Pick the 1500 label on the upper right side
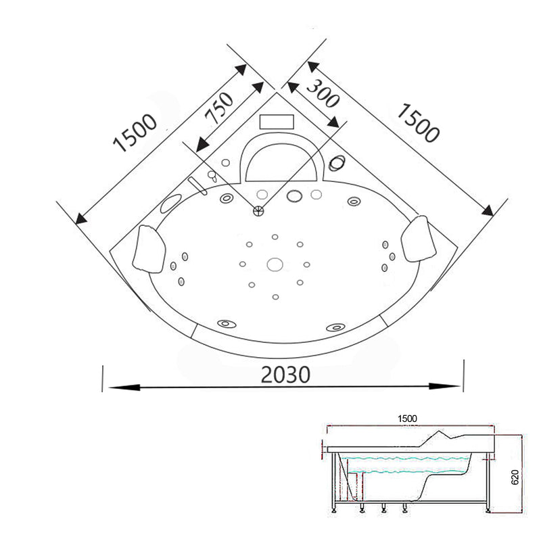coord(417,122)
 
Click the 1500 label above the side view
coord(407,418)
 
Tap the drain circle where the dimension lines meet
coord(258,211)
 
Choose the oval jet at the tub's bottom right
coord(334,327)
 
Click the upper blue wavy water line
coord(406,456)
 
